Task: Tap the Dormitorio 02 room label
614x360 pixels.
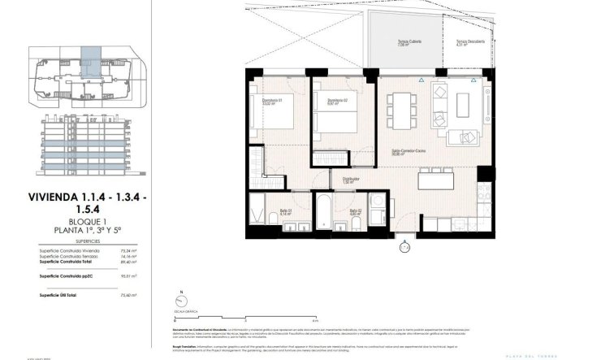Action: point(326,102)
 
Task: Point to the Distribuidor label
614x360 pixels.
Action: point(351,180)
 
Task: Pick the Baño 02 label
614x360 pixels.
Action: point(355,213)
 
